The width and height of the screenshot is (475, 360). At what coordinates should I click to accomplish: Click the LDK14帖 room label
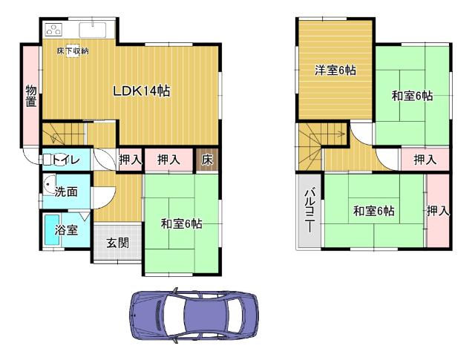pos(142,91)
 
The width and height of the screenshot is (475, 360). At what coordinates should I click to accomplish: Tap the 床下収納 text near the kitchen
pos(73,50)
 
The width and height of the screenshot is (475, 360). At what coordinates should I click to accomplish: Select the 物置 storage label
pos(30,95)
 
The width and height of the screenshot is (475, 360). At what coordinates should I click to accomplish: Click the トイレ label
pos(66,159)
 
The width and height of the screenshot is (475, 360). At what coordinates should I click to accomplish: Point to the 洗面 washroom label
pos(66,192)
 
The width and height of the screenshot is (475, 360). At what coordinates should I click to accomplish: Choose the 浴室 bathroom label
pos(66,230)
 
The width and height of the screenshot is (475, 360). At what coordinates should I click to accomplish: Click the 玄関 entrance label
pos(116,242)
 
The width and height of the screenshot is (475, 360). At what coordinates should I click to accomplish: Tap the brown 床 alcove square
pos(207,160)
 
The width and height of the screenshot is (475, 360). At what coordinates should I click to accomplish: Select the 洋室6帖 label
pos(335,71)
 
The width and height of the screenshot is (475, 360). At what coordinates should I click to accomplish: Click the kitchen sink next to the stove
pos(94,30)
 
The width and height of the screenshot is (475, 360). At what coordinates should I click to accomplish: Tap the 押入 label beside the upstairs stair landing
pos(425,160)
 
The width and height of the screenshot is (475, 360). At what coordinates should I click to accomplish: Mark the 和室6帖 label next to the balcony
pos(373,212)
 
